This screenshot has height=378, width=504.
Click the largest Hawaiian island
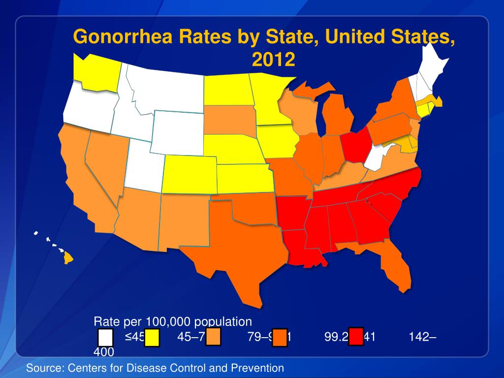coord(68,257)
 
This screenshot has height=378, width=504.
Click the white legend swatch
coord(105,338)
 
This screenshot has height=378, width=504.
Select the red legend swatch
coord(356,337)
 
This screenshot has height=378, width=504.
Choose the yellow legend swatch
coord(152,338)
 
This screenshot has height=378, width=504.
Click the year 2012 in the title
coord(273,60)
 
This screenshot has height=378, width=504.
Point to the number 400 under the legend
coord(104,352)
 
